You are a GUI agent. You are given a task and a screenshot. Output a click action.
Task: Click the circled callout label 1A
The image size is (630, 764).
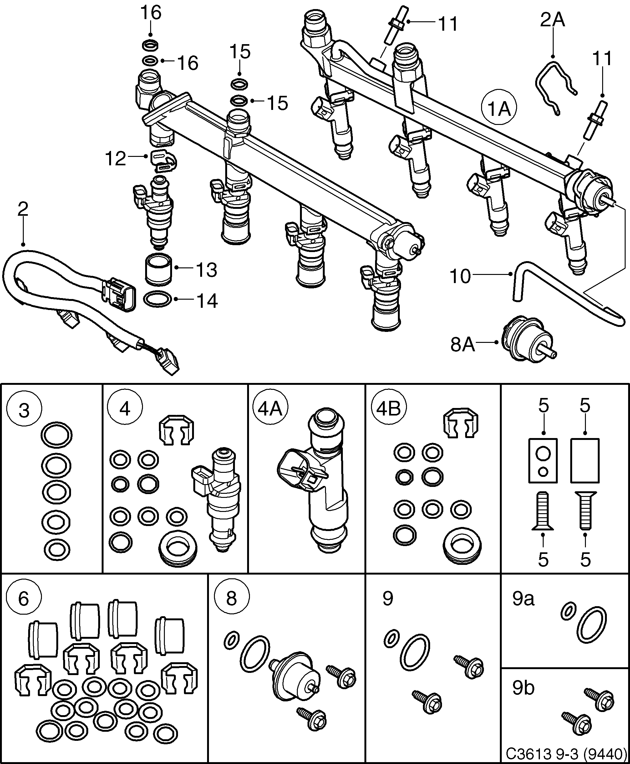point(499,109)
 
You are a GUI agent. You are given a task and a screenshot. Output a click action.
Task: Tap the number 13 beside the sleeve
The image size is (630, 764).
point(206,270)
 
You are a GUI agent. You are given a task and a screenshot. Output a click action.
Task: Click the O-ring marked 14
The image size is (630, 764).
point(158,299)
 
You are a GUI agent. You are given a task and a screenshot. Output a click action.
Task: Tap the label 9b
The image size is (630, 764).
point(523,687)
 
